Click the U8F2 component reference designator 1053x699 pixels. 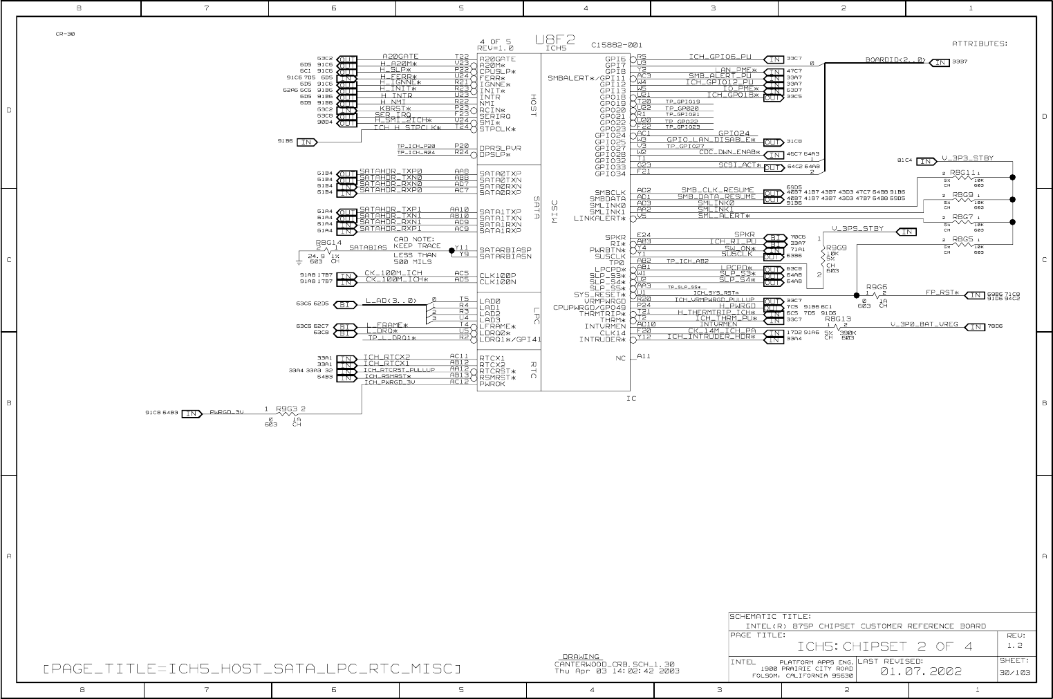point(555,39)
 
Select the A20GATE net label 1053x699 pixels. point(400,57)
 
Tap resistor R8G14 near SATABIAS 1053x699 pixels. point(328,243)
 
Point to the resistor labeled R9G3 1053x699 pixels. point(286,409)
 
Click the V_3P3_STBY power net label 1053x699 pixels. point(967,158)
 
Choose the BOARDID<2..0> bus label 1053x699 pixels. point(895,60)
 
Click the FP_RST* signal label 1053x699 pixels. point(942,292)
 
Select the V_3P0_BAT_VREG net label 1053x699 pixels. point(924,324)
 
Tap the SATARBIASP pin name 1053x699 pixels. point(505,250)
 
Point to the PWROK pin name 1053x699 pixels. point(492,384)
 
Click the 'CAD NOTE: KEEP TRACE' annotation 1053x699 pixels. point(417,243)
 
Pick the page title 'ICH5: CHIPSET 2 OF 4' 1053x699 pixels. point(885,646)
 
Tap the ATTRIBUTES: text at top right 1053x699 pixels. point(979,44)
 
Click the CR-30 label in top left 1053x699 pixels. point(65,34)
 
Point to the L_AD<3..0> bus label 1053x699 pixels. point(391,300)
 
